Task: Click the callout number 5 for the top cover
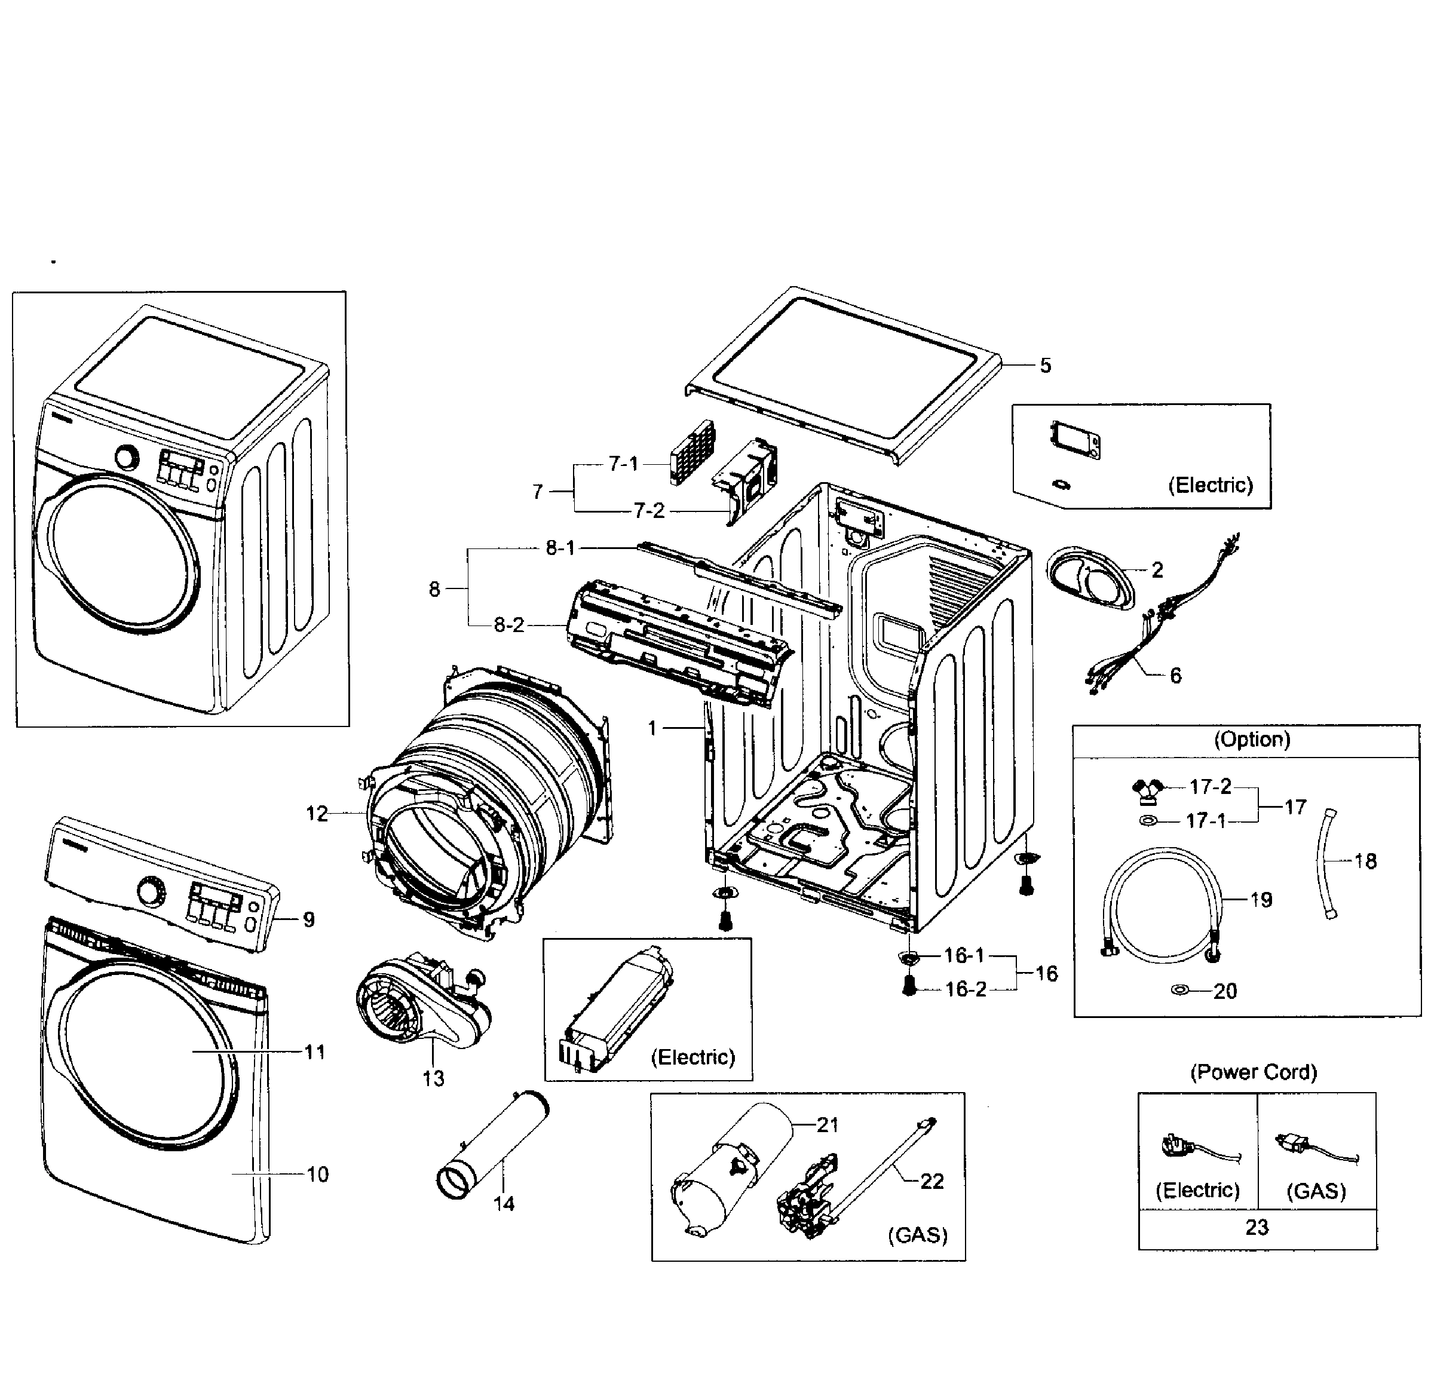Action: pos(1045,365)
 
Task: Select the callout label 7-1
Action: pos(623,464)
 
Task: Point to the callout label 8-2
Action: pos(509,624)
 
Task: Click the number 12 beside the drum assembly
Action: pos(317,813)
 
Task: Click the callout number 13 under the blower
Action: pos(433,1078)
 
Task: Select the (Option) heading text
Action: pos(1252,739)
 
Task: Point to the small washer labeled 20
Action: pos(1179,990)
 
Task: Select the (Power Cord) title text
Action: pos(1254,1072)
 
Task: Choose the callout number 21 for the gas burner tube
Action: pos(827,1124)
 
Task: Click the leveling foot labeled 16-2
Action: pos(909,986)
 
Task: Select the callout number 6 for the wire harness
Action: pos(1175,675)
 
